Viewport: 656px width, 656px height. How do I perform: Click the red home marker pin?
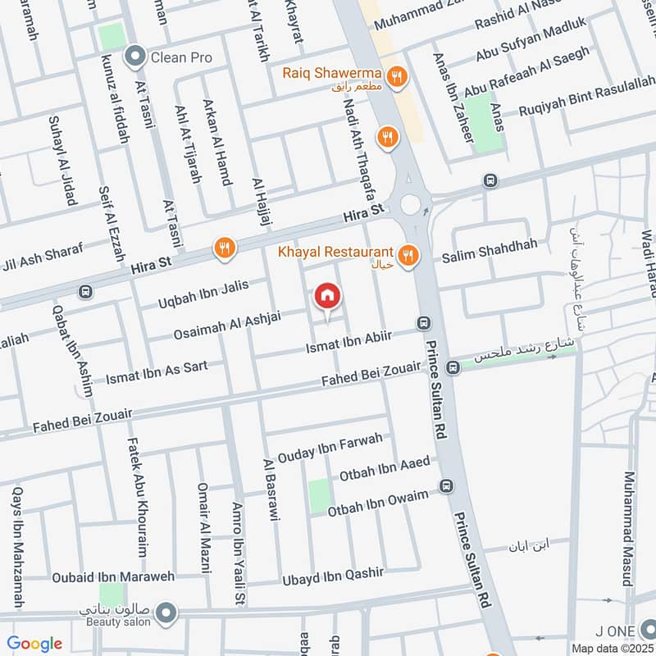tap(327, 298)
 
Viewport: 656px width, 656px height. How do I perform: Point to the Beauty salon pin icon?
tap(166, 613)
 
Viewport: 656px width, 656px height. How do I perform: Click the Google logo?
tap(34, 644)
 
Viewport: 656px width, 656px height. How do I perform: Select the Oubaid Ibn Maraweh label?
tap(113, 576)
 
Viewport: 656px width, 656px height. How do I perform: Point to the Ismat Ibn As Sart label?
tap(157, 372)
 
